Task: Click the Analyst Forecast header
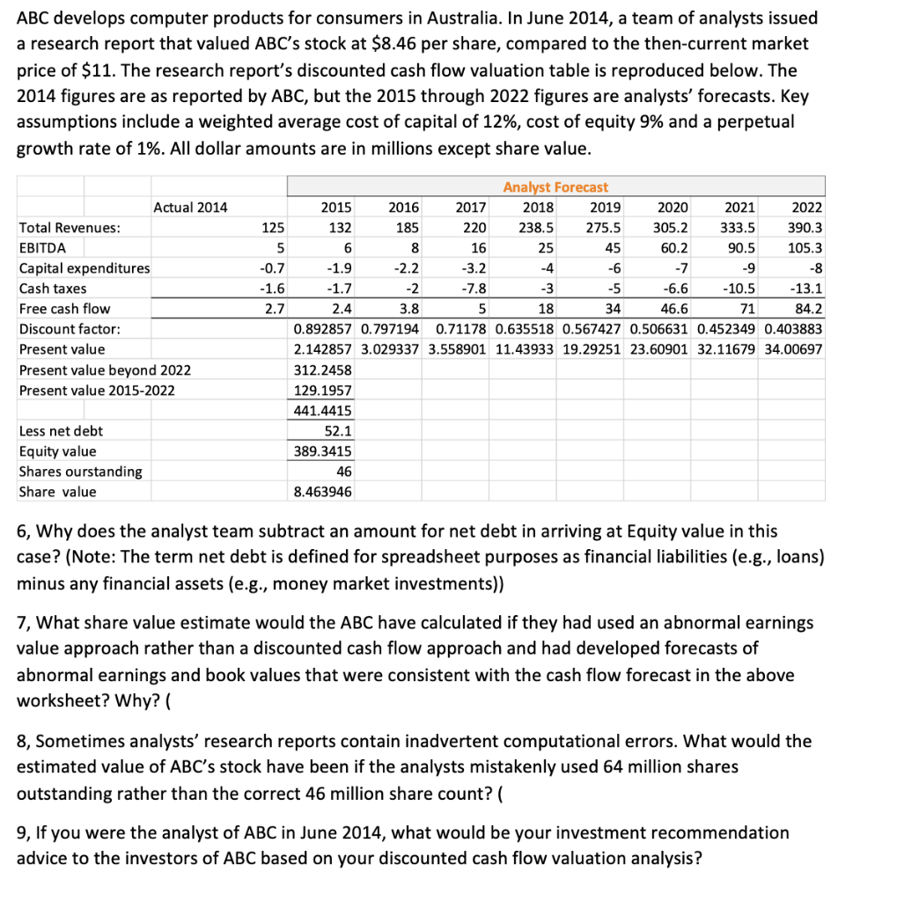[555, 187]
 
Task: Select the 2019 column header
[606, 208]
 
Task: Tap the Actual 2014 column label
[190, 208]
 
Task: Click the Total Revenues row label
[70, 228]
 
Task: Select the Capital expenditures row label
[85, 267]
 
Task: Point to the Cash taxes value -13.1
[807, 289]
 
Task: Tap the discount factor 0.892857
[323, 329]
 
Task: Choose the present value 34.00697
[795, 349]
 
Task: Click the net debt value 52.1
[337, 430]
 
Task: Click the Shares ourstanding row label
[80, 472]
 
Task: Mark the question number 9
[23, 832]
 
